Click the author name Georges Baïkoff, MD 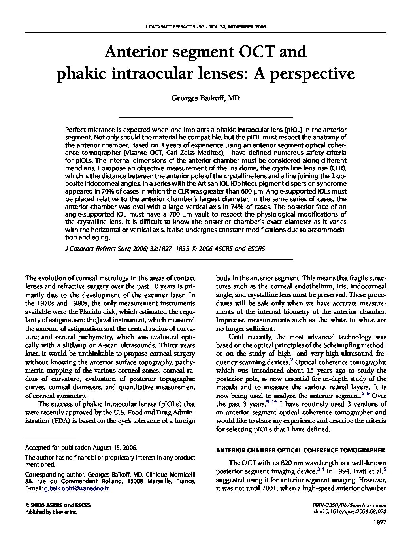205,98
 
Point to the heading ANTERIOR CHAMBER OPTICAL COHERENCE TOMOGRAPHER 300,450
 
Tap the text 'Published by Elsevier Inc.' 51,511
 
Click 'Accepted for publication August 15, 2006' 81,448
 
